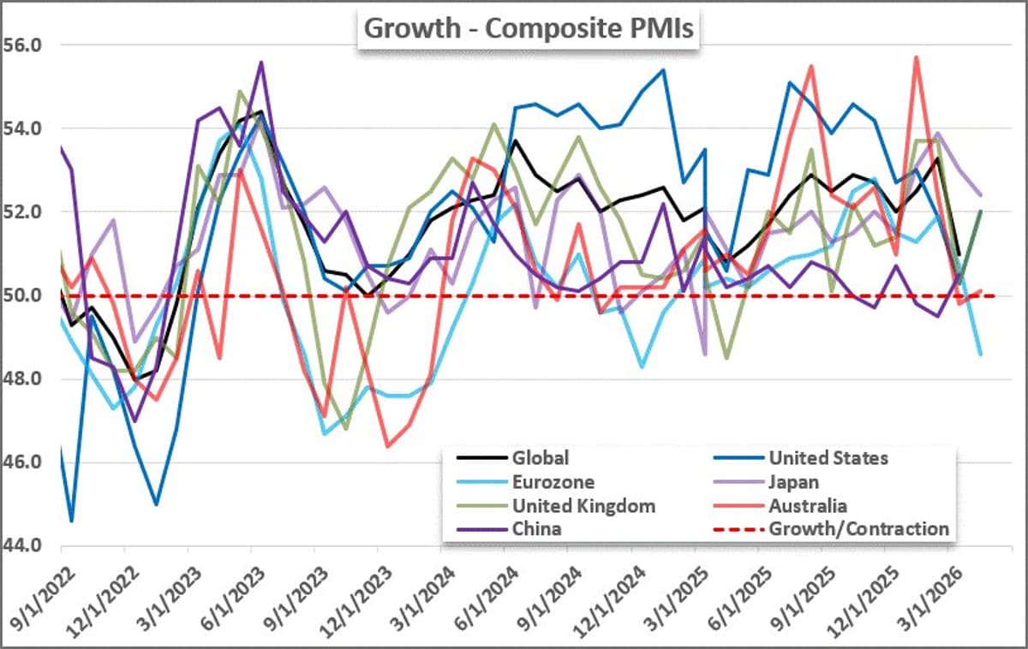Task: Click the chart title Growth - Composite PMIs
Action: coord(529,27)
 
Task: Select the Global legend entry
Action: coord(540,458)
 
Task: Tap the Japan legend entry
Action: coord(794,482)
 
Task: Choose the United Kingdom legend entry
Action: coord(583,505)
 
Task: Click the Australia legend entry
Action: coord(808,505)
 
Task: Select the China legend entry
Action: coord(536,528)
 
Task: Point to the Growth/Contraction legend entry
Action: coord(858,528)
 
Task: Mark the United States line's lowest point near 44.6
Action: coord(71,521)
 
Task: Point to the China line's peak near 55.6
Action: coord(261,62)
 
